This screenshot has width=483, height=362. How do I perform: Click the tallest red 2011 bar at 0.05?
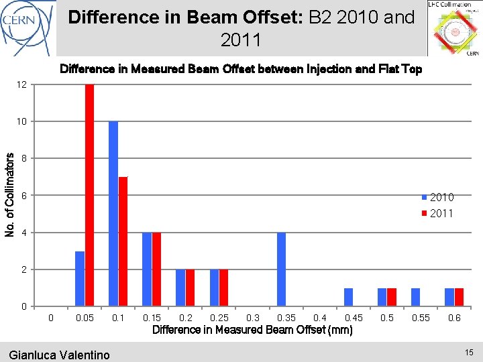click(x=89, y=195)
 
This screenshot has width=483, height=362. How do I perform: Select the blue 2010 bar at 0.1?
click(x=113, y=214)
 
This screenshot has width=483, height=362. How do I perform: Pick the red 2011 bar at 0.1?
click(x=123, y=241)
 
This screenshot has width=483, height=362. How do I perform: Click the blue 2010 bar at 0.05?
click(x=80, y=279)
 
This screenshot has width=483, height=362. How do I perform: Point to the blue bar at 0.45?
click(x=348, y=297)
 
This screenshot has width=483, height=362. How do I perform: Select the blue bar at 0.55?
click(x=415, y=297)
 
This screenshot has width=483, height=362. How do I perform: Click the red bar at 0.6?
click(x=459, y=297)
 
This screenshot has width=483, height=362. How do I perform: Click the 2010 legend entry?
click(x=437, y=197)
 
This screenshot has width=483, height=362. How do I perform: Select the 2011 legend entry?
click(x=437, y=213)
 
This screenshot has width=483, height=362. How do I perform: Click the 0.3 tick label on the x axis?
click(x=253, y=318)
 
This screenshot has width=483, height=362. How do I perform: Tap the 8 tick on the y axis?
click(x=25, y=159)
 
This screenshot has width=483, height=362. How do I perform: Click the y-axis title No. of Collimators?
click(x=9, y=194)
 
